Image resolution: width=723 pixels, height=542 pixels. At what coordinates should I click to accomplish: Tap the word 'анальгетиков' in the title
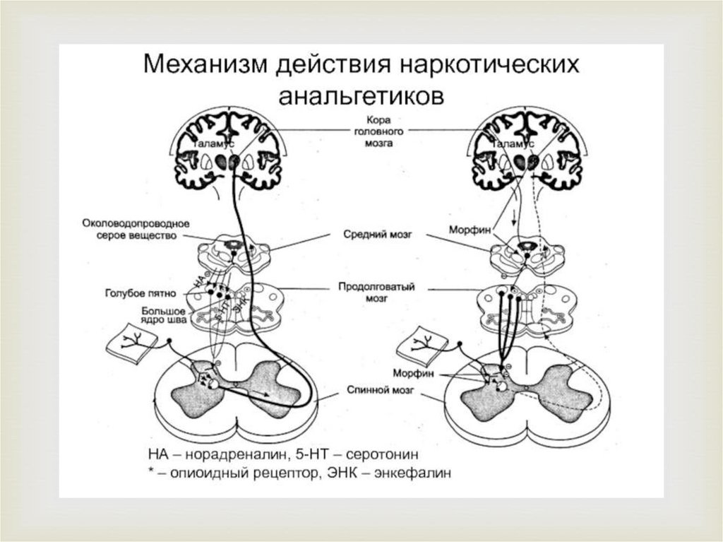(361, 95)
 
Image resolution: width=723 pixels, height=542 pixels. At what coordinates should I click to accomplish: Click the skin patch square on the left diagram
(130, 342)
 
